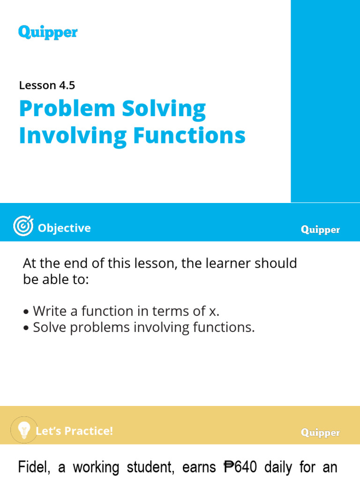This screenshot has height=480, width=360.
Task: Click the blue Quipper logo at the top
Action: (48, 32)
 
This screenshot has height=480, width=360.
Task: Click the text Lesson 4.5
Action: (47, 85)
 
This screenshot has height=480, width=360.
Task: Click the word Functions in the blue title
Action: (189, 135)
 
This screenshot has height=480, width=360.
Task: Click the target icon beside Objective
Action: (23, 227)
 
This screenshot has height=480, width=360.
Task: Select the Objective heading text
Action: (64, 228)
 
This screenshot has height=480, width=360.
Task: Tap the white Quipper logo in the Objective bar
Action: (320, 230)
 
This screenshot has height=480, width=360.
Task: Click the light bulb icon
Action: (23, 429)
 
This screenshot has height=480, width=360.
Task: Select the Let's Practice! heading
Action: (75, 431)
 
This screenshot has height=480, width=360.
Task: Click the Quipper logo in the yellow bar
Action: (320, 433)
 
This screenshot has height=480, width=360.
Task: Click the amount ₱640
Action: (240, 467)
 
